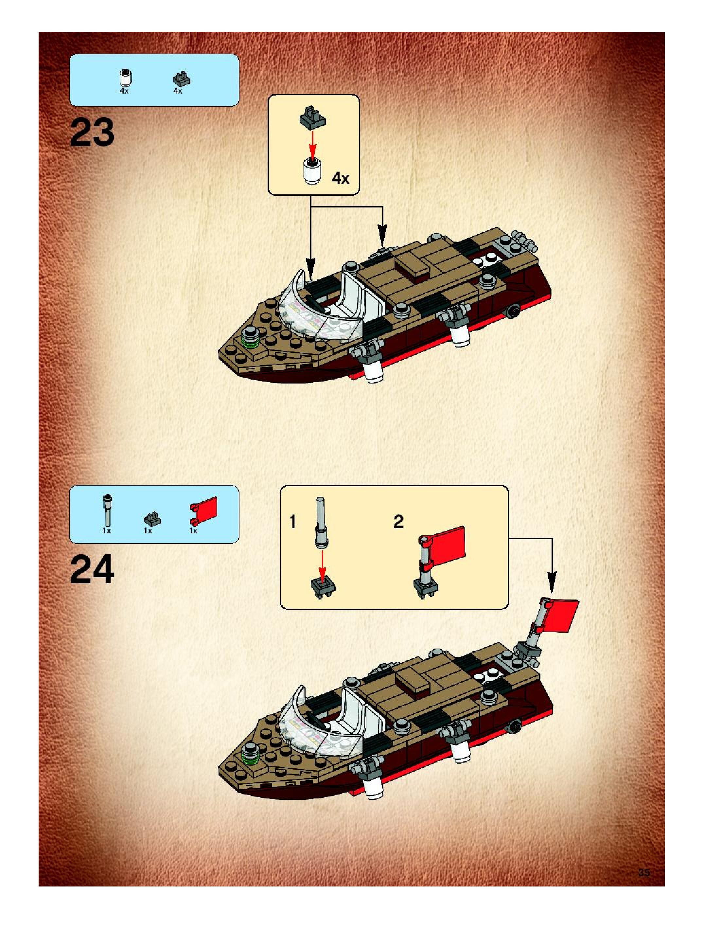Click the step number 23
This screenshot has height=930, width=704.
click(x=92, y=133)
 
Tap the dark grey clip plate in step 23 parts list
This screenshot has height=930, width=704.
click(x=182, y=79)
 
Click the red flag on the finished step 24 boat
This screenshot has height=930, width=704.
click(x=564, y=616)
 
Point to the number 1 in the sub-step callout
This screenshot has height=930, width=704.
click(x=293, y=523)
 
